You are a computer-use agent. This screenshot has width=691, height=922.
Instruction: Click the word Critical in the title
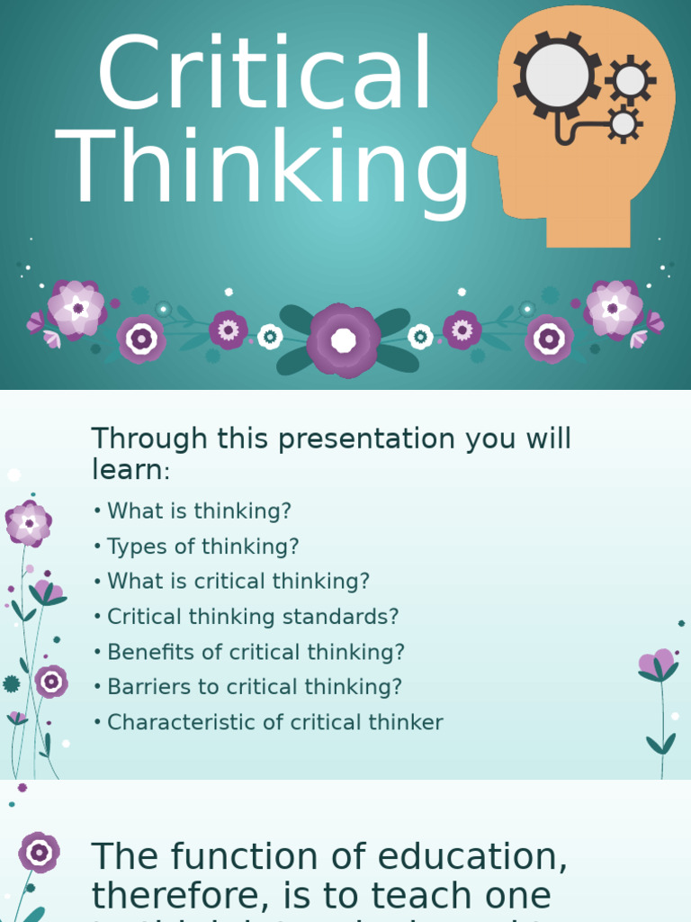coord(265,76)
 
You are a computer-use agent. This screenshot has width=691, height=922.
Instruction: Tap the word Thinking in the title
coord(266,168)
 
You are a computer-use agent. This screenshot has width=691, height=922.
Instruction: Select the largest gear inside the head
coord(557,75)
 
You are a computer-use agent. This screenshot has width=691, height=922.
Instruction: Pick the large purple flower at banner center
coord(344,340)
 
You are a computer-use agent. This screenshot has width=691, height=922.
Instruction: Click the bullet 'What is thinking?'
coord(199,511)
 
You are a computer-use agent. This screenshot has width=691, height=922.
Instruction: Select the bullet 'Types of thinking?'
coord(202,547)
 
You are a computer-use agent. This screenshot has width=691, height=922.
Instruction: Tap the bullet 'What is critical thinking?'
coord(238,582)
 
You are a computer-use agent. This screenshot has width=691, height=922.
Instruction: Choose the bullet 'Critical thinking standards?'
coord(252,617)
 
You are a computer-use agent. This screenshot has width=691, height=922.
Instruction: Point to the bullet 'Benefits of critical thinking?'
coord(256,652)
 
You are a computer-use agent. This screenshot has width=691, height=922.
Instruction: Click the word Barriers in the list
coord(145,687)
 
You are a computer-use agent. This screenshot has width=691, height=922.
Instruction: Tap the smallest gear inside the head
coord(623,123)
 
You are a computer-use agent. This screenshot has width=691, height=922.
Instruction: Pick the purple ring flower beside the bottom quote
coord(39,852)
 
